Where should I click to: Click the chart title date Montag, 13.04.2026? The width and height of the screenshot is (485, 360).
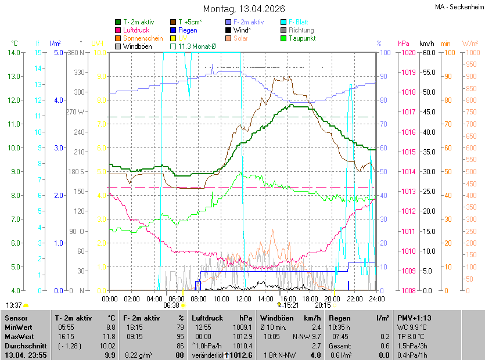pos(243,9)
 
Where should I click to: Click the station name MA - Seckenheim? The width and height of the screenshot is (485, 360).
pos(458,6)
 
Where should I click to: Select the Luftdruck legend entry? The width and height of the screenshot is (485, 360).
pos(136,30)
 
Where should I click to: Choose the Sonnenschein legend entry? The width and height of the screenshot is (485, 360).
pos(142,38)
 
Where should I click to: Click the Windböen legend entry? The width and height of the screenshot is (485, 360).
pos(136,46)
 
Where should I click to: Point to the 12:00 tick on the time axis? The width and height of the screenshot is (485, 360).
pos(243,298)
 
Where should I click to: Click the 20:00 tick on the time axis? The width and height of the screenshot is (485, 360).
pos(332,298)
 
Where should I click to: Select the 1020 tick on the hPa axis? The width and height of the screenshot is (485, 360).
pos(407,53)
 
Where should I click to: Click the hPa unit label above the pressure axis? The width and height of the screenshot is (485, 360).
pos(404,44)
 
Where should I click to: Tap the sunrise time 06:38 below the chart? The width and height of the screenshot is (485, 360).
pos(171,305)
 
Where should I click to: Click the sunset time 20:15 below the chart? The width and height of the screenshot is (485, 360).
pos(323,305)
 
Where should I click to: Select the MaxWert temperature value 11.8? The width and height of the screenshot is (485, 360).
pos(109,336)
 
